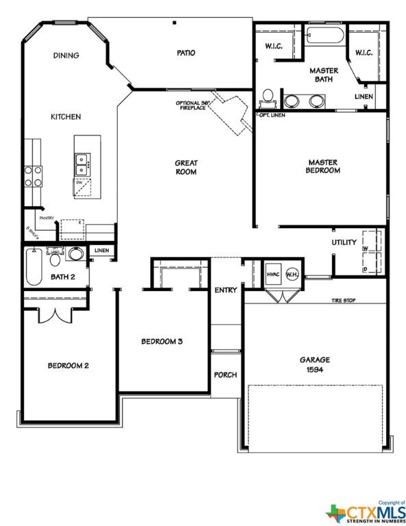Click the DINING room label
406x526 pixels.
(x=66, y=55)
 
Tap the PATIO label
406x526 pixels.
(x=186, y=53)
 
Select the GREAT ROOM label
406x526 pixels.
(x=186, y=167)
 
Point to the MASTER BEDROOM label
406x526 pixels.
(x=323, y=166)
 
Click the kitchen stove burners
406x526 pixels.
(x=33, y=176)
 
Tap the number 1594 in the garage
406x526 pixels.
(x=315, y=369)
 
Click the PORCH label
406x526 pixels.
(x=225, y=375)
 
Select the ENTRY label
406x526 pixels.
(x=225, y=290)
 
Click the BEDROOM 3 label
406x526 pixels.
(x=162, y=341)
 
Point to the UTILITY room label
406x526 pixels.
(x=344, y=242)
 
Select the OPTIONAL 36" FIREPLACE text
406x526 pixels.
(x=193, y=105)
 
